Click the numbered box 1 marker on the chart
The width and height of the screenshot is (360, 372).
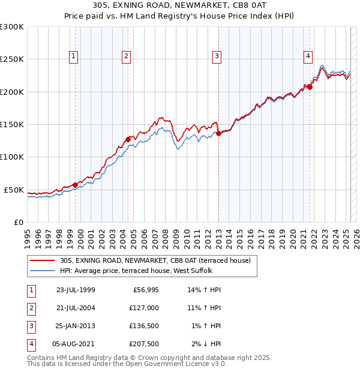(73, 57)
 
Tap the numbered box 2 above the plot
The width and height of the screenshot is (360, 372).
(127, 57)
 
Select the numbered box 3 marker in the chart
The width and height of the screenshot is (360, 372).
(217, 57)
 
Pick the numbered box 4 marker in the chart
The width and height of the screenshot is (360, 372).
(307, 57)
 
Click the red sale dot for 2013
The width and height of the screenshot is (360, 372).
(219, 133)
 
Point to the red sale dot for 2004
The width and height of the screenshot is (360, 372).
(128, 139)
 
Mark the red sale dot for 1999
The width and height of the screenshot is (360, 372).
(75, 185)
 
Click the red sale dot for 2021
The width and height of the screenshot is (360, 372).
(310, 87)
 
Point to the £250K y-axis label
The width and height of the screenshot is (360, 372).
(12, 59)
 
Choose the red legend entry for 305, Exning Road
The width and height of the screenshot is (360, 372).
(158, 260)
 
